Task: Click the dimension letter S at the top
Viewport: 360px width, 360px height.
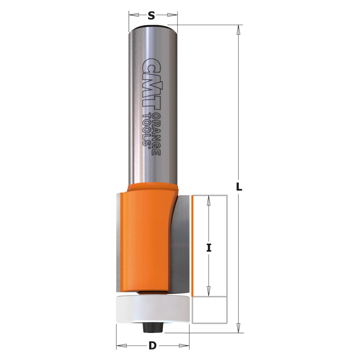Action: click(x=152, y=15)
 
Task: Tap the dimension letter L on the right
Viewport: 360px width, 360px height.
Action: click(x=239, y=187)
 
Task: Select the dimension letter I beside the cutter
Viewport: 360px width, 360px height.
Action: click(x=208, y=248)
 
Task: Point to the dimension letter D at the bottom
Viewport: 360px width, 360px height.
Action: click(x=153, y=346)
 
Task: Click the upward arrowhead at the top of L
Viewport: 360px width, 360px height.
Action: click(x=238, y=30)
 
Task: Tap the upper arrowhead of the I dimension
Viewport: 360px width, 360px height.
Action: click(x=208, y=201)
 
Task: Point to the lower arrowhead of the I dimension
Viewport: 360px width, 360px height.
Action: click(x=208, y=291)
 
